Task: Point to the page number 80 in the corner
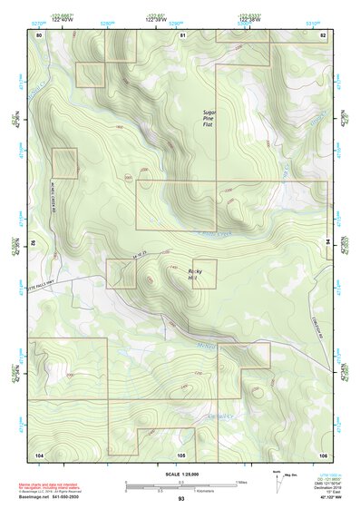39,34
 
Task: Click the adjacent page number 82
323,34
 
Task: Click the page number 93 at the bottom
181,498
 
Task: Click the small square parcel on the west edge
64,163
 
